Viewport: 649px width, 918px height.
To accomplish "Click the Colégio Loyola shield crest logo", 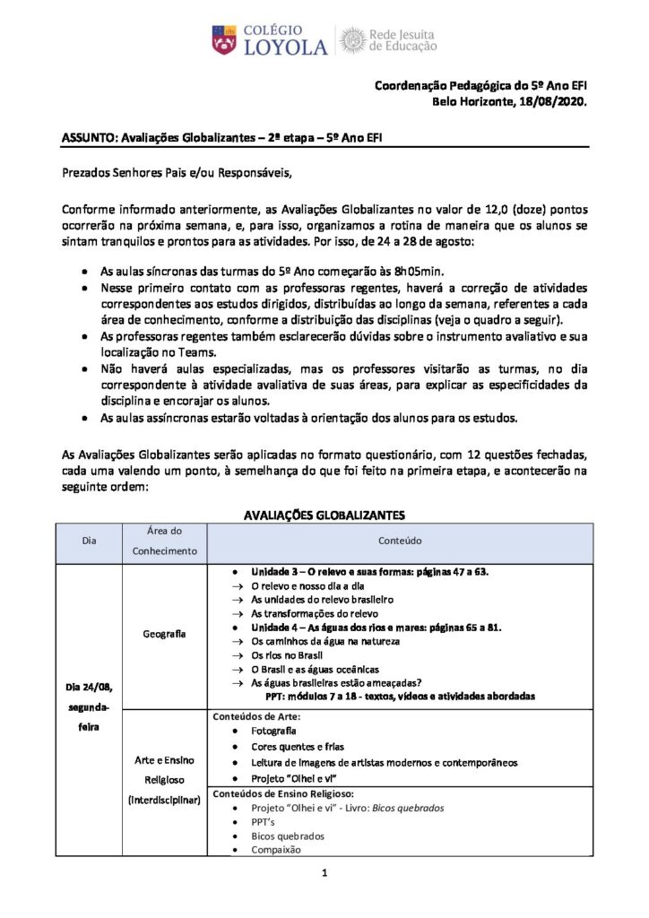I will (224, 40).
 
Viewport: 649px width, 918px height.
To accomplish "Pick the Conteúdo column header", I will (399, 541).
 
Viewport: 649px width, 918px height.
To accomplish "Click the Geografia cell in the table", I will (165, 634).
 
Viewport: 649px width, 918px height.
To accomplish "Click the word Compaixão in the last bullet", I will (276, 849).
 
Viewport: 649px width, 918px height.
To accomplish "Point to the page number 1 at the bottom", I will (324, 871).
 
